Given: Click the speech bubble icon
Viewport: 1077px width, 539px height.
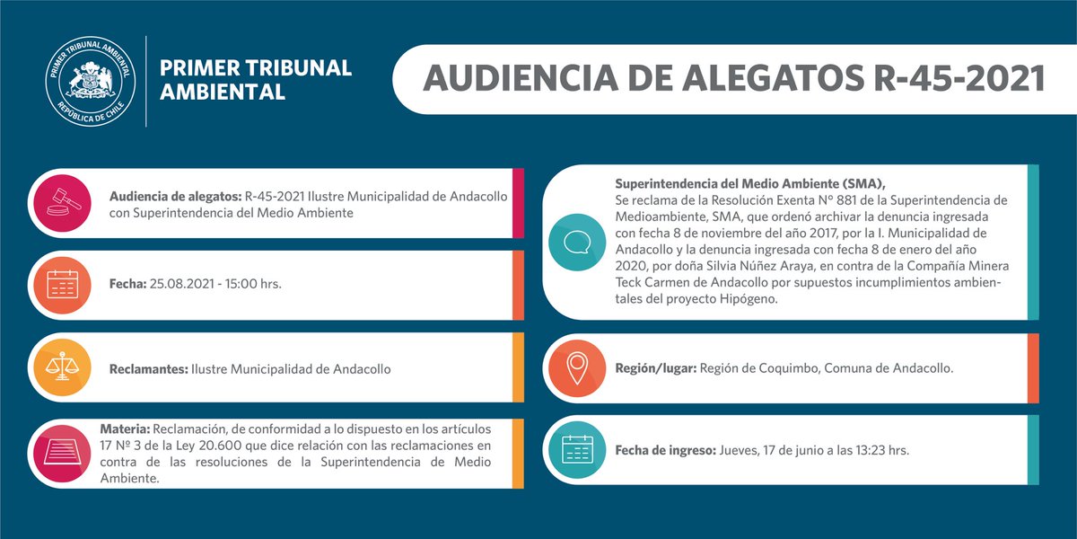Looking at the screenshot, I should click(x=575, y=243).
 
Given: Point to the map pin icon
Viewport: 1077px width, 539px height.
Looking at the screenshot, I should click(x=575, y=368).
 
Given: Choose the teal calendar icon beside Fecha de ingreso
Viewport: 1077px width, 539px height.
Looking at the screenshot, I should click(x=575, y=449).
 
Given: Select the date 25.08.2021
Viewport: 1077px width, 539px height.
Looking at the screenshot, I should click(x=183, y=284).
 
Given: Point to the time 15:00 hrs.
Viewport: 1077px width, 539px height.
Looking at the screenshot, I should click(x=253, y=284).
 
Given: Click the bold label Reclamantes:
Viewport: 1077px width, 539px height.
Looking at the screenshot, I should click(x=148, y=368).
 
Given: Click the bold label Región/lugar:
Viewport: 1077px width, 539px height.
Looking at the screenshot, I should click(x=655, y=368).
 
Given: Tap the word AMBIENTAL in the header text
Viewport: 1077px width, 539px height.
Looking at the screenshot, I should click(x=222, y=92).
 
